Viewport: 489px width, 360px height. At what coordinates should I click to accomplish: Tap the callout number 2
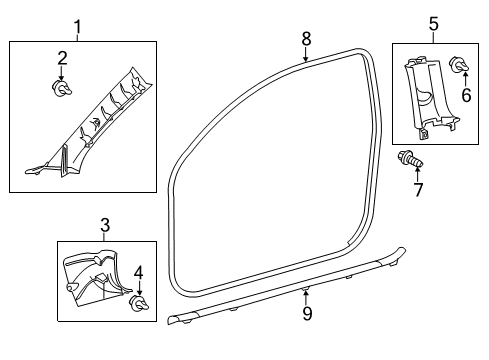tap(61, 58)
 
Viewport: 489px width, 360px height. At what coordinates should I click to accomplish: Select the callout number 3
tap(105, 226)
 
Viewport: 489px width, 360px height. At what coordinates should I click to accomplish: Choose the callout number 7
tap(418, 188)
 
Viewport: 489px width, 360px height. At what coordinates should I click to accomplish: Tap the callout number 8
tap(307, 38)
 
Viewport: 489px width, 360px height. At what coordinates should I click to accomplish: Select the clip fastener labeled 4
tap(139, 304)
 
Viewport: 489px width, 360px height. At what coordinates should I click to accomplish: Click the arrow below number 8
tap(307, 55)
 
